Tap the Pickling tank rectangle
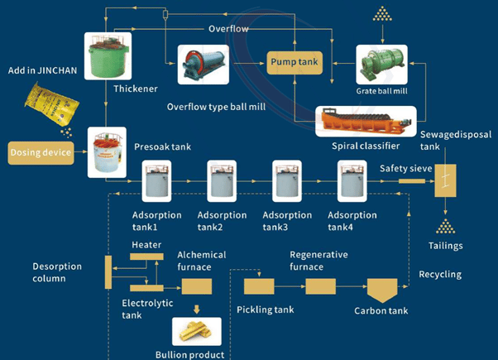pos(259,286)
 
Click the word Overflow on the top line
pos(227,27)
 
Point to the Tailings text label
pos(447,245)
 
